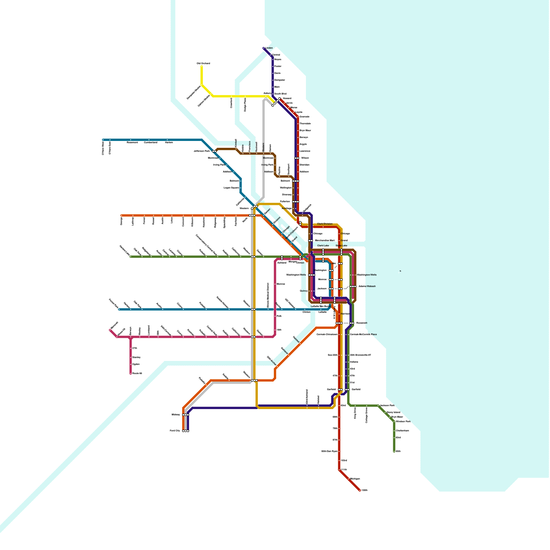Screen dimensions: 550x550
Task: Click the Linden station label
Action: point(269,48)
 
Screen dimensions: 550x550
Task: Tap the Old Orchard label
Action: point(203,64)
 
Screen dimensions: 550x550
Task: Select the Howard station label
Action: point(287,98)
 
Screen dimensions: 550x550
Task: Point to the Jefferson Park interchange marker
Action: point(214,151)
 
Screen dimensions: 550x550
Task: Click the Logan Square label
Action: point(231,188)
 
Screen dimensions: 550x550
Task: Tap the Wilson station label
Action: point(305,158)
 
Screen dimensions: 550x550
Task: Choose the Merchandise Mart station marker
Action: point(311,241)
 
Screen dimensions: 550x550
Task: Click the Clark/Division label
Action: point(324,224)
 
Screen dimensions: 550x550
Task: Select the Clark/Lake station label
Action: point(323,246)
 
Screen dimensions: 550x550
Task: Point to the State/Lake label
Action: point(341,246)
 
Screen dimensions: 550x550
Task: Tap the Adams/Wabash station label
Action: point(367,286)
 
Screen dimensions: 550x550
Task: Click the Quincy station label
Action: point(304,291)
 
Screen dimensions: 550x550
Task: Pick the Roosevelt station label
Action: point(362,323)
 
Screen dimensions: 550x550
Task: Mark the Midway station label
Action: point(176,415)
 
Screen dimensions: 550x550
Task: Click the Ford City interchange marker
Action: point(186,431)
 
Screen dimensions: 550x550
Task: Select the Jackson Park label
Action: point(387,406)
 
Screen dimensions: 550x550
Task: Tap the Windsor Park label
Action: point(403,422)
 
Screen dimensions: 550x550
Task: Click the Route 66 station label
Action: point(137,373)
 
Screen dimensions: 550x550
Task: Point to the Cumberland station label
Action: point(151,142)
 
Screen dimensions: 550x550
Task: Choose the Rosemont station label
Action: point(132,142)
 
